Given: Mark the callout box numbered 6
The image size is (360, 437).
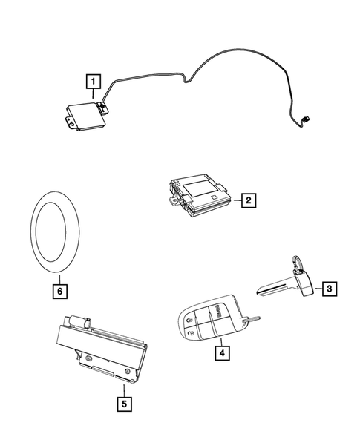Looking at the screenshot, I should pyautogui.click(x=59, y=290).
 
